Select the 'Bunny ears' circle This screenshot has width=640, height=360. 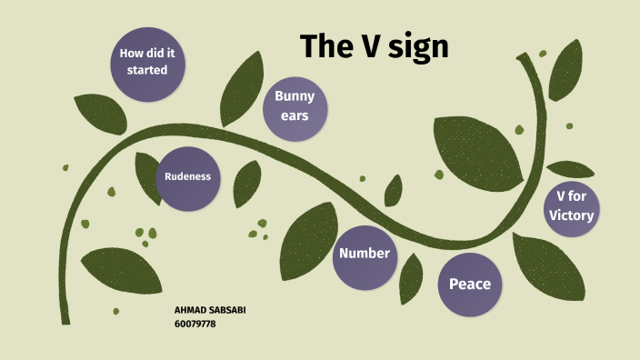(x=295, y=107)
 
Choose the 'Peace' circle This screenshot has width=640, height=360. (x=469, y=285)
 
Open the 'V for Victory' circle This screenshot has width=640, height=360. (x=571, y=206)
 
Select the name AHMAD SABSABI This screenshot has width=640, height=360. (x=210, y=310)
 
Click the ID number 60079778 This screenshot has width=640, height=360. (x=195, y=324)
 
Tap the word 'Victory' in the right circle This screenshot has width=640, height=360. (x=571, y=215)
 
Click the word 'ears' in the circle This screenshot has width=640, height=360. (x=295, y=116)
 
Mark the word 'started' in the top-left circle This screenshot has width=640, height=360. (x=146, y=70)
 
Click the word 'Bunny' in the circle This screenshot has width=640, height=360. (x=295, y=96)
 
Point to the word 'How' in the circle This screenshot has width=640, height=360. (x=133, y=54)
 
